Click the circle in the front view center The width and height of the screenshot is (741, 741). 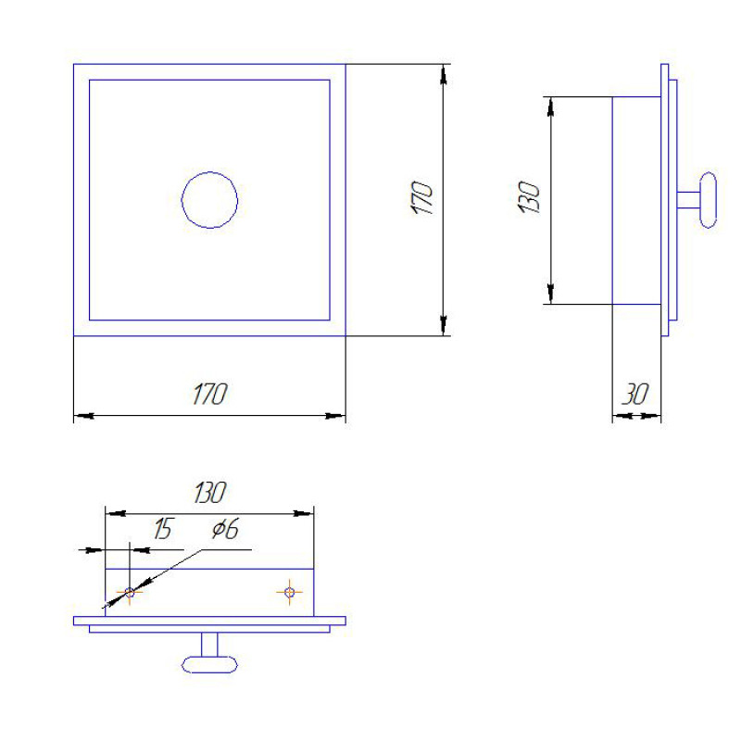point(209,172)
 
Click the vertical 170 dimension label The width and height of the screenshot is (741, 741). point(422,197)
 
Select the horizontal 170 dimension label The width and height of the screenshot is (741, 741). point(210,395)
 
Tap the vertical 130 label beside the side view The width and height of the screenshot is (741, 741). point(529,197)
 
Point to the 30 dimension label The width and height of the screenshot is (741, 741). point(634,395)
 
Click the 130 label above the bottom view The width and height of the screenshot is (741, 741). point(210,493)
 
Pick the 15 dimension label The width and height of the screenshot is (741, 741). point(164,528)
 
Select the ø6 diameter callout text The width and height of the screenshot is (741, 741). point(225,528)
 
